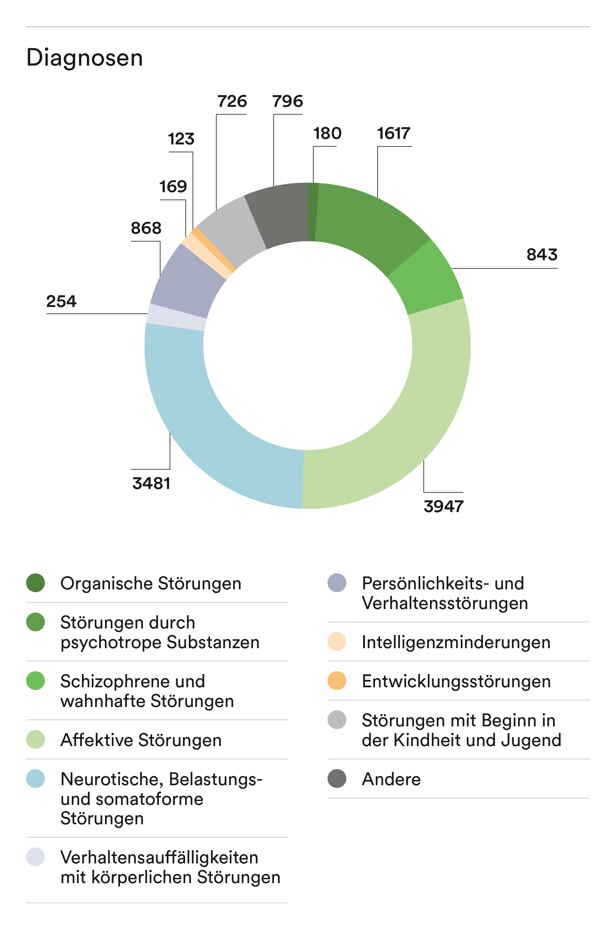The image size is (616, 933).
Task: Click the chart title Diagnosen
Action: click(84, 58)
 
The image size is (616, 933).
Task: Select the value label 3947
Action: click(443, 506)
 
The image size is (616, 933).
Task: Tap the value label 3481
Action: click(151, 483)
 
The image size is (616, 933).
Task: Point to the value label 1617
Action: click(393, 134)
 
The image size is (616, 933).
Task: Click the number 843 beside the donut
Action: click(542, 254)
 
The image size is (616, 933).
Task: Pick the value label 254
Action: click(61, 301)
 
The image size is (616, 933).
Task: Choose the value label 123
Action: click(181, 139)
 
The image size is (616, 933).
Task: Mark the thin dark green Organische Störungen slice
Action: click(312, 212)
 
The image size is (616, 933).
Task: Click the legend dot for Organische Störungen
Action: click(35, 583)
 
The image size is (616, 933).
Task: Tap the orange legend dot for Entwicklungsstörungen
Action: click(337, 681)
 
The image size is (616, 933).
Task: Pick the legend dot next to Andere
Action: click(337, 778)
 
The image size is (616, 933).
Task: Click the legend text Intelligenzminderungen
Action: click(456, 642)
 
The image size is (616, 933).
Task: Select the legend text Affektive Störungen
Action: click(141, 740)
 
